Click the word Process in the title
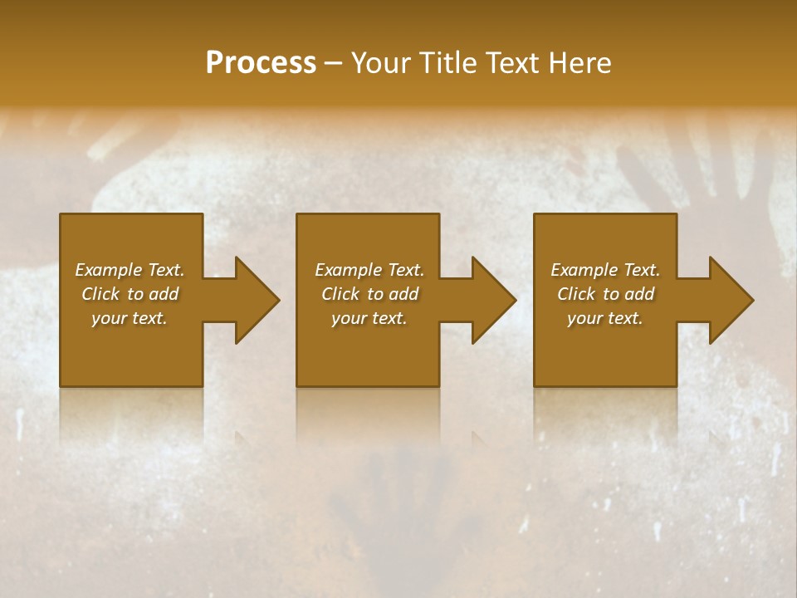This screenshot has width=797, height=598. click(x=261, y=63)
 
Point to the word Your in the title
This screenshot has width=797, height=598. click(x=382, y=63)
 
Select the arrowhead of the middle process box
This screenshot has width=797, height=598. click(x=491, y=300)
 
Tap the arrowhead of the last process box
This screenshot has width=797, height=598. click(x=729, y=300)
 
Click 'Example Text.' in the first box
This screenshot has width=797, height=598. click(x=130, y=270)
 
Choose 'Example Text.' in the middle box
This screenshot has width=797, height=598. click(x=369, y=270)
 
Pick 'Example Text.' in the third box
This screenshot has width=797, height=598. click(x=605, y=270)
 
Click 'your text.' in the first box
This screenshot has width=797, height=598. click(x=130, y=318)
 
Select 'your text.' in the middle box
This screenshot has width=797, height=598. click(x=369, y=318)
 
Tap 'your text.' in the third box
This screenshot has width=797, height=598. click(x=605, y=318)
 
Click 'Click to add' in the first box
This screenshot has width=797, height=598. click(x=130, y=294)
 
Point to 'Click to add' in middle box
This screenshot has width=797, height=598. click(x=369, y=294)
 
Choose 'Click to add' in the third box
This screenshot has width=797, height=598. click(x=605, y=294)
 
